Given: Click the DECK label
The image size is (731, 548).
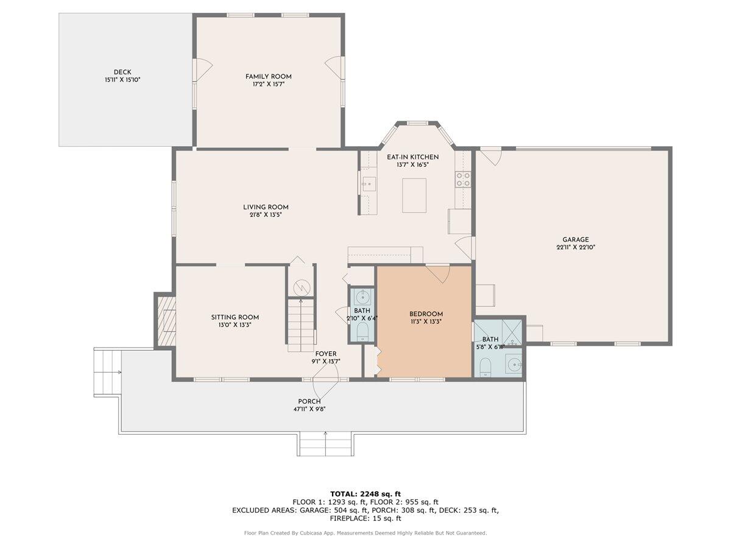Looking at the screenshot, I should coord(122,72).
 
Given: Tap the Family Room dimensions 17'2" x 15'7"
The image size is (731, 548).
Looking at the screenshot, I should coord(268,85).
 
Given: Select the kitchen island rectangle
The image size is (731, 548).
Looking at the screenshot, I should coord(414,195).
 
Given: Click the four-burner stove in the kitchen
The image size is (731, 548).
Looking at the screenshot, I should coord(463,178).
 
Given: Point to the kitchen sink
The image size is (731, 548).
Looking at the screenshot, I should coord(369,183).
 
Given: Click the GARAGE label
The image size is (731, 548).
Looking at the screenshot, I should coord(576,239).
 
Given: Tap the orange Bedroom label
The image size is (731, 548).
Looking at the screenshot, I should coord(426,314).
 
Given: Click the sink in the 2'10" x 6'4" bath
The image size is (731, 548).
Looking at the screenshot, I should coord(362,297).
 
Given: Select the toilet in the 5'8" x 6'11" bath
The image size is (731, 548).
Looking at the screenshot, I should coord(486,367).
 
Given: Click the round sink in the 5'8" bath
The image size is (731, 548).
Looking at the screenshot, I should coord(515,366).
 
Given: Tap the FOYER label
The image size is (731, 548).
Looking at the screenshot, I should coord(325,354).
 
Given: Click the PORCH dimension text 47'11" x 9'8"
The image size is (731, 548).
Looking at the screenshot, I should coord(309,409).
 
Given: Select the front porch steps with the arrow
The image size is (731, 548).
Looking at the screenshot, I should coord(325,444).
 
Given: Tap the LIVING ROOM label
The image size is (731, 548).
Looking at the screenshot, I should coord(266,207).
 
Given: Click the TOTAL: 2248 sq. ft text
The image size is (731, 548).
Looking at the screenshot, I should coord(365,493).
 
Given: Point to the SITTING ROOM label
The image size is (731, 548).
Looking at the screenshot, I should coord(235,317).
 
